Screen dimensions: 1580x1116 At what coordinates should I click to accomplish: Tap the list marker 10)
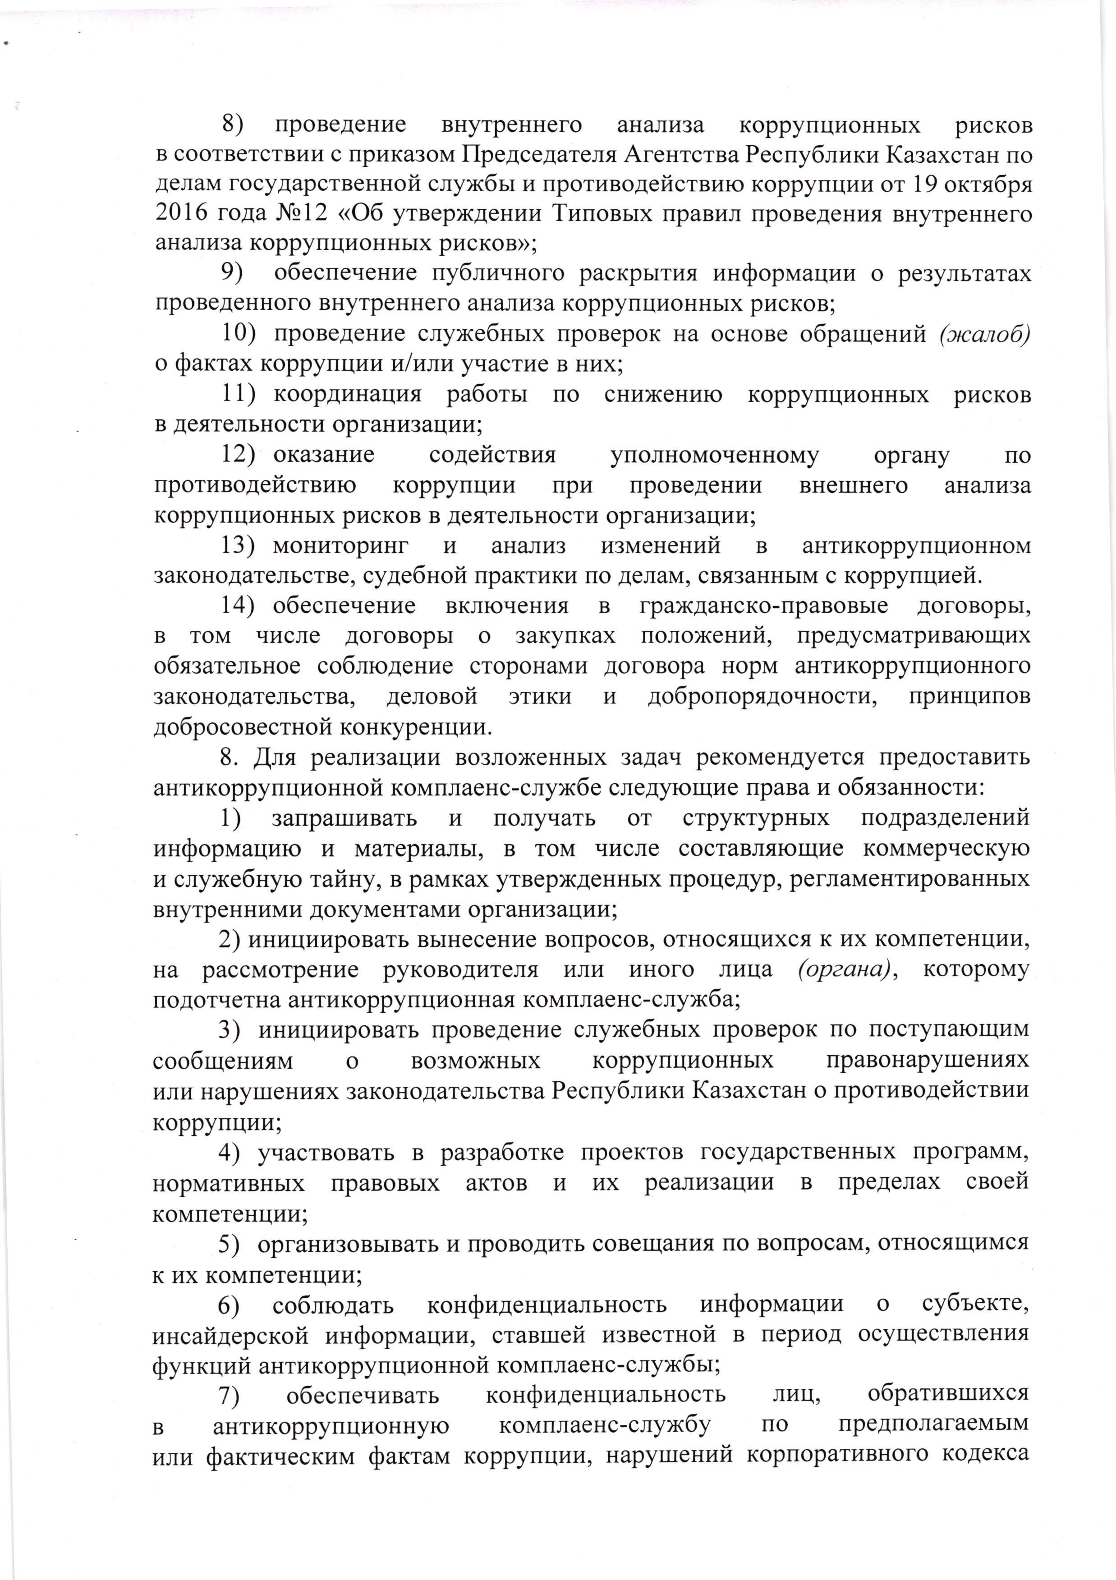(238, 335)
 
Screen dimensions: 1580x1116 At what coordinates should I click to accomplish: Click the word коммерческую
(947, 849)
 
